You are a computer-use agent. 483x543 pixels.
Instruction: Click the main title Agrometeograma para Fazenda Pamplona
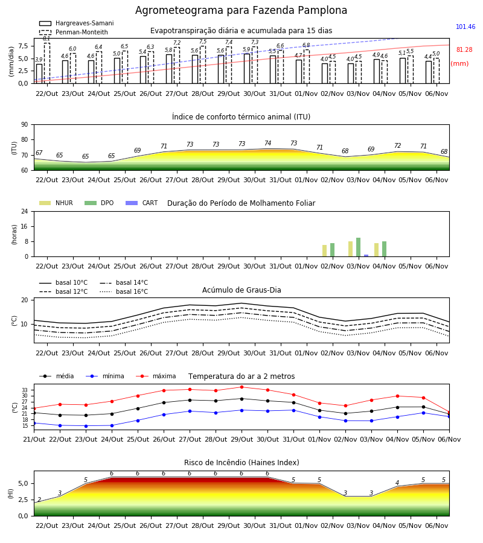click(241, 10)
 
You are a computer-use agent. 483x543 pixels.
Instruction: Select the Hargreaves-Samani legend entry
click(77, 23)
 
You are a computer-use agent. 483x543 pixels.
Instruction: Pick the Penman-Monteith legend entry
click(74, 32)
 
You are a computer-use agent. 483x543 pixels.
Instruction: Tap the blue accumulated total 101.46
click(465, 27)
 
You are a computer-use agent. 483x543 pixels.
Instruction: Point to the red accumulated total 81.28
click(464, 49)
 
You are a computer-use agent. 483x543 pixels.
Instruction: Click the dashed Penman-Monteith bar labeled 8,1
click(47, 63)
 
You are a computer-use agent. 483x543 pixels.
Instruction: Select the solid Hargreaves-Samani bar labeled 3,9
click(39, 74)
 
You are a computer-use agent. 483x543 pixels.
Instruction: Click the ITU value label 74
click(267, 143)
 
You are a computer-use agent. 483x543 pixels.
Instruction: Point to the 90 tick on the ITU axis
click(25, 124)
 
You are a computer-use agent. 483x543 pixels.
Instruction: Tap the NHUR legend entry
click(57, 203)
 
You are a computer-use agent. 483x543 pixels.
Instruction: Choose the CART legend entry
click(142, 203)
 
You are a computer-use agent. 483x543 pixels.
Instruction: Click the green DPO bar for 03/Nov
click(358, 247)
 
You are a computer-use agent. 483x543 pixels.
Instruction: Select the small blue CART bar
click(366, 256)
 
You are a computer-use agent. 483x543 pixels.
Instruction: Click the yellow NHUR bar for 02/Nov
click(325, 251)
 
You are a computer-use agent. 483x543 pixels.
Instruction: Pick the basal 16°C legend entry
click(124, 291)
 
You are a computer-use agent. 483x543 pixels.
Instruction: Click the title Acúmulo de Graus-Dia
click(241, 290)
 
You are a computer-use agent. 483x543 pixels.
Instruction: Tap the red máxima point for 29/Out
click(242, 387)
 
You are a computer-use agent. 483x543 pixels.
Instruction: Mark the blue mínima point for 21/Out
click(34, 423)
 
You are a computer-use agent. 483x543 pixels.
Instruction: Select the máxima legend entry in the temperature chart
click(156, 376)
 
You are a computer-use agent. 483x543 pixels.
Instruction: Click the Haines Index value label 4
click(397, 483)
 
